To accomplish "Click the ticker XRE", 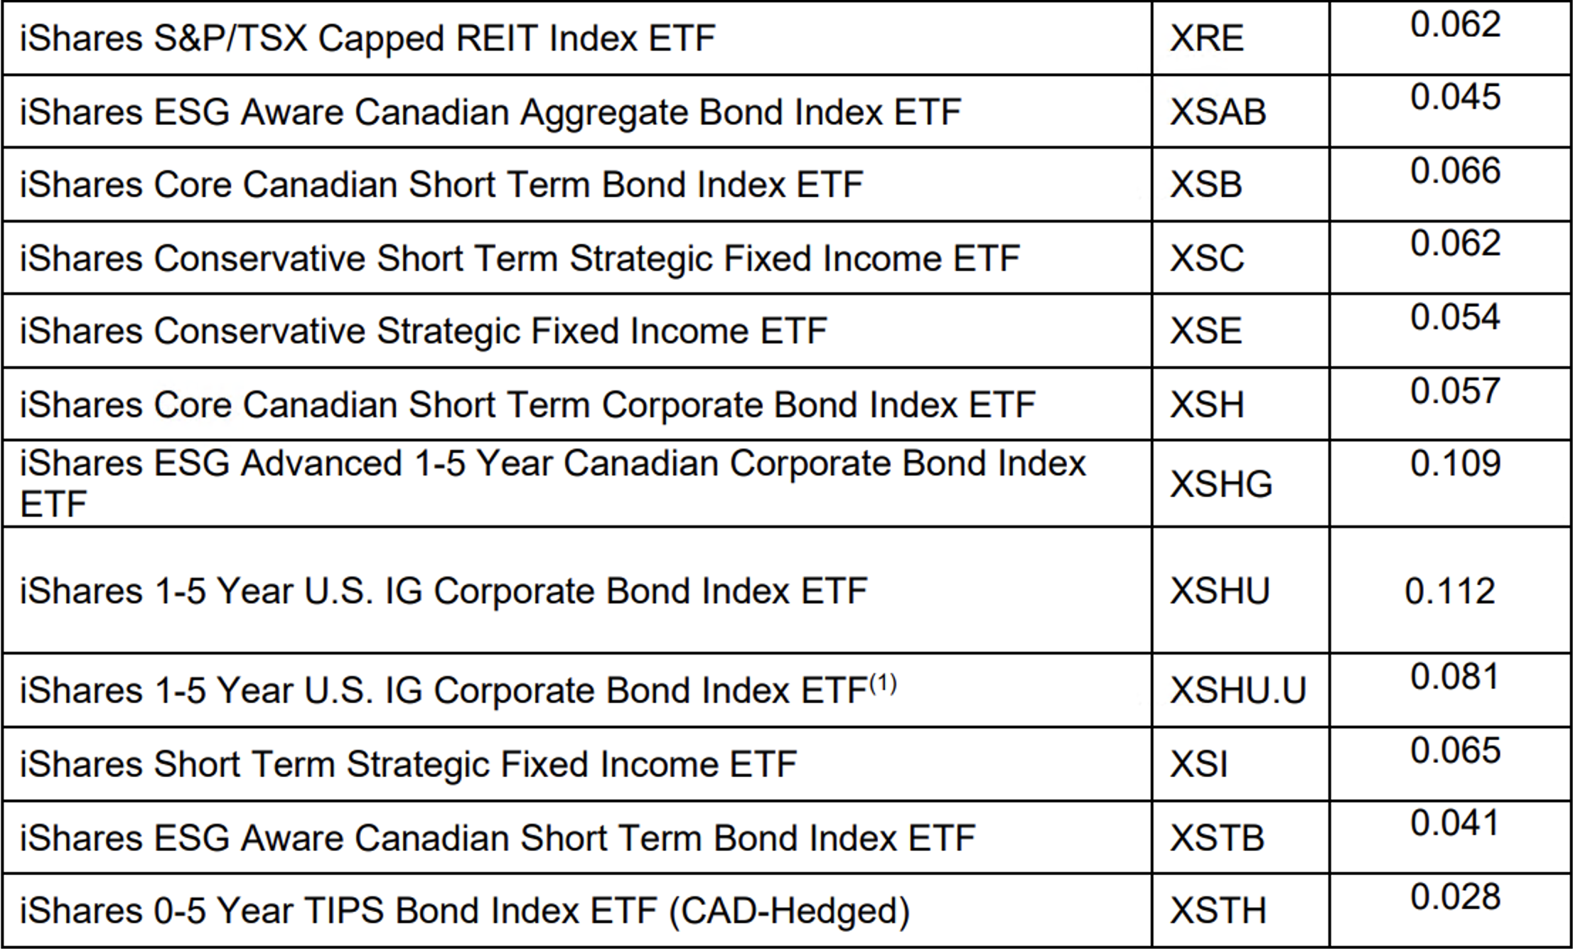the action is (x=1206, y=38).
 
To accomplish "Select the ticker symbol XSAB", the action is (x=1218, y=112).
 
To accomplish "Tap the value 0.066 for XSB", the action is (x=1455, y=171).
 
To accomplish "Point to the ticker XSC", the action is (x=1207, y=258).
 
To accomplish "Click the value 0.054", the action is (x=1455, y=317).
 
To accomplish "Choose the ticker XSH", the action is (x=1207, y=405).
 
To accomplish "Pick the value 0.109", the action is (x=1455, y=463).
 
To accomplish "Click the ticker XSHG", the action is (x=1221, y=484).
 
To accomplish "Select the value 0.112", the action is (x=1450, y=591).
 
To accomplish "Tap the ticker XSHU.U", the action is (x=1238, y=690).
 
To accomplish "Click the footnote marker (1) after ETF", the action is (x=883, y=683).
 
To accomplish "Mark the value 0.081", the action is (x=1455, y=677).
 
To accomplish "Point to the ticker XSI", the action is (x=1199, y=765).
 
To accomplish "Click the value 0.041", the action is (x=1455, y=823).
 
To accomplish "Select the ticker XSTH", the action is (x=1218, y=911).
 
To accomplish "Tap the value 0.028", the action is (x=1455, y=897).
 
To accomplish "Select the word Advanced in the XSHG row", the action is (x=322, y=463).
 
